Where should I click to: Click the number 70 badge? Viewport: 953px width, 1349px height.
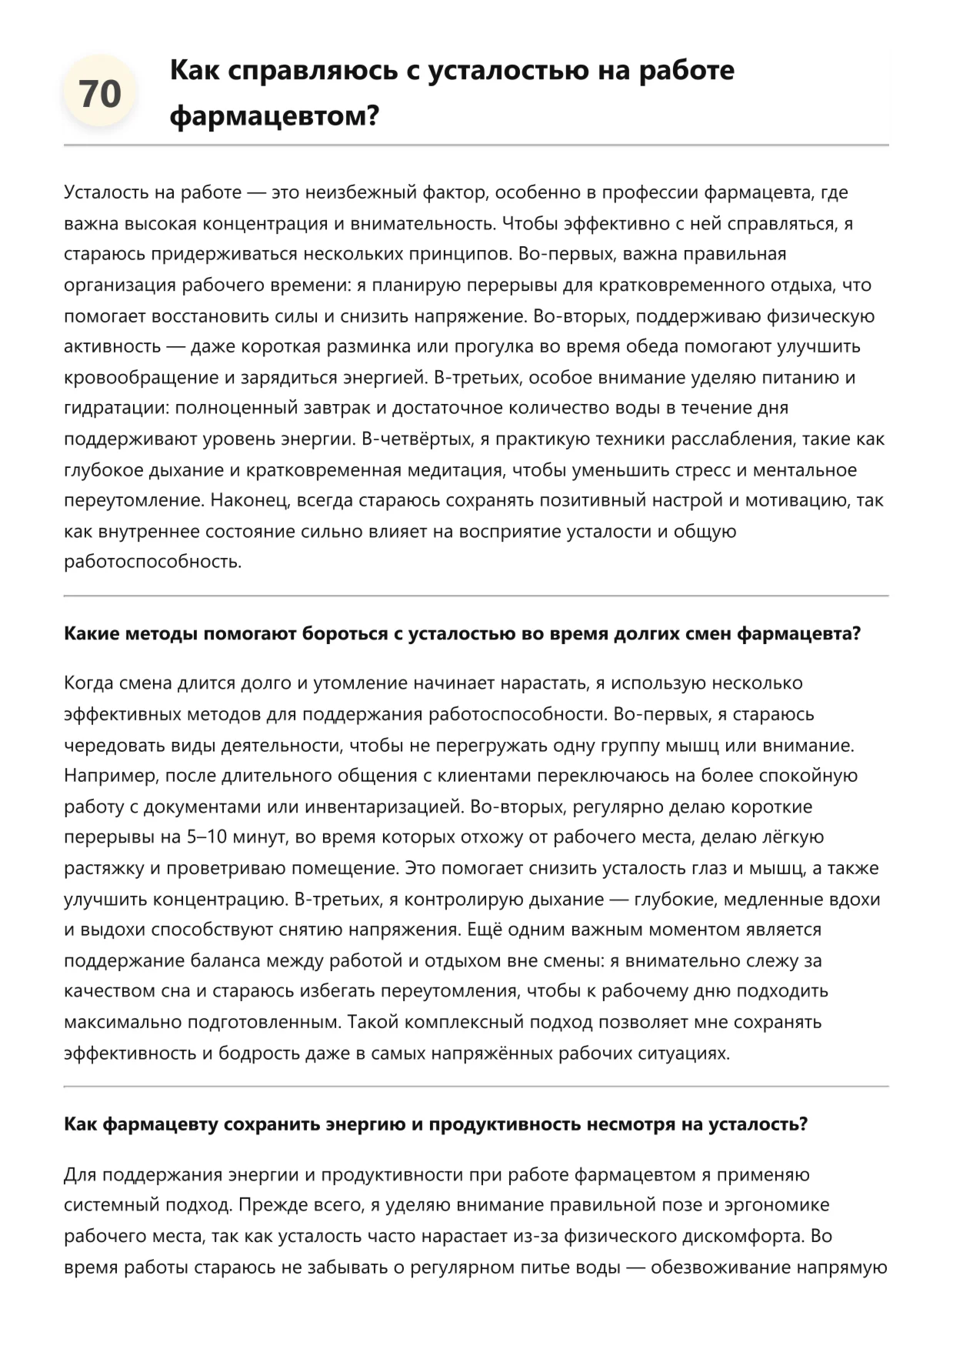point(100,94)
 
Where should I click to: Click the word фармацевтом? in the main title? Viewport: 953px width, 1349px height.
point(275,116)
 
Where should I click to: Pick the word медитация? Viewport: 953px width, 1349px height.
point(465,470)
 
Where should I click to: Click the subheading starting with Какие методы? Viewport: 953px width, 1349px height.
point(462,634)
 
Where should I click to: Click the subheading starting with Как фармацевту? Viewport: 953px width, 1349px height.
point(435,1124)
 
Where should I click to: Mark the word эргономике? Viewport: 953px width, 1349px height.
point(778,1205)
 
